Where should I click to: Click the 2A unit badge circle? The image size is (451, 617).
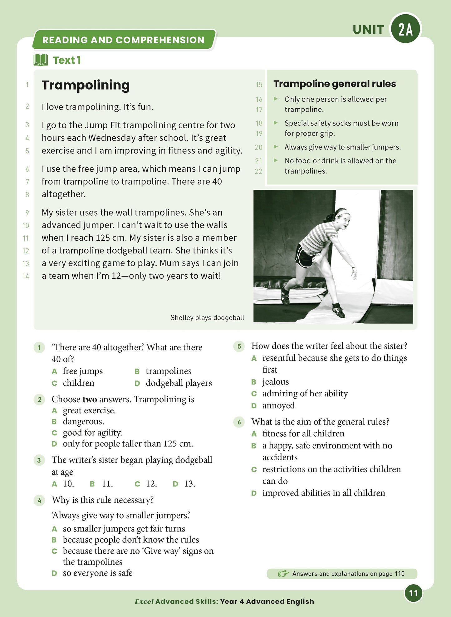[405, 29]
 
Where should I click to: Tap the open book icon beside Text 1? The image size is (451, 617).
[41, 60]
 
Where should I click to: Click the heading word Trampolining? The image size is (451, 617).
[86, 85]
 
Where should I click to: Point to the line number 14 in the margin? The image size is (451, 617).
[26, 276]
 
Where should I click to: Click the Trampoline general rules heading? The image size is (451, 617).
[334, 84]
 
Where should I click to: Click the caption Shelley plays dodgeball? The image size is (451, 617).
[207, 318]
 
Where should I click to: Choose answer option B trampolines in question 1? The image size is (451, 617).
[168, 371]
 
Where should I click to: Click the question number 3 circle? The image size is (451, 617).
[39, 460]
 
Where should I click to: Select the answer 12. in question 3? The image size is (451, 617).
[151, 484]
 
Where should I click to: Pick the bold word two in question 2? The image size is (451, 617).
[90, 399]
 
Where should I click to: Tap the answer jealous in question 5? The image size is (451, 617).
[275, 382]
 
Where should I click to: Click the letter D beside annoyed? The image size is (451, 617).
[254, 406]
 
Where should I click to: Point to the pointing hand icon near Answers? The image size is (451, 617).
[283, 574]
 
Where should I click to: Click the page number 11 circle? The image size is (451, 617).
[413, 593]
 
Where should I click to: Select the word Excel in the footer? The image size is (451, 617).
[144, 602]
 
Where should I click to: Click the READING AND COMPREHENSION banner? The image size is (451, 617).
[123, 40]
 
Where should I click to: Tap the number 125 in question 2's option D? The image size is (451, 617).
[171, 444]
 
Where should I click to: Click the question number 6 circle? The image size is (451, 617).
[239, 422]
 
